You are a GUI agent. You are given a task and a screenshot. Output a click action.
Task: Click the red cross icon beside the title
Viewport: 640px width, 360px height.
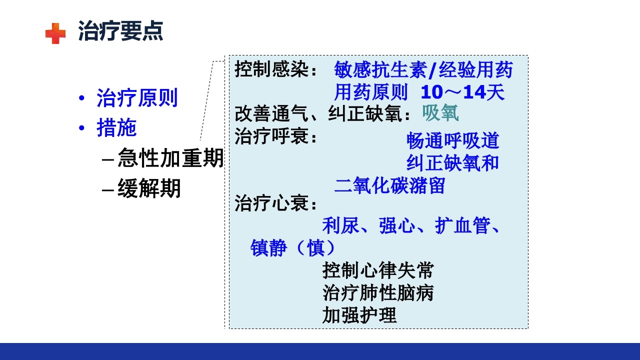(x=55, y=33)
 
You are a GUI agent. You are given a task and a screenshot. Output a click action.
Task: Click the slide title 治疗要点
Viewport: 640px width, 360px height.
(x=120, y=31)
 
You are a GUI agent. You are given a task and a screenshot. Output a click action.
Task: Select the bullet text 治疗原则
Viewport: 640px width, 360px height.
(x=137, y=98)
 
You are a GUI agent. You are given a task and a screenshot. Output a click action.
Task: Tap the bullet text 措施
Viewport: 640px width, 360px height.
(x=116, y=128)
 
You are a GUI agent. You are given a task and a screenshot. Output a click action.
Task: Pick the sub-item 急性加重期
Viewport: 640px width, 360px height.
(x=170, y=159)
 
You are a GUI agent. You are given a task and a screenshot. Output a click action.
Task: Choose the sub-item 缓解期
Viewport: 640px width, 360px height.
(x=149, y=189)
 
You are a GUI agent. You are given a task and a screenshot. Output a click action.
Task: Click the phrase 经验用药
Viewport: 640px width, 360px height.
(x=475, y=70)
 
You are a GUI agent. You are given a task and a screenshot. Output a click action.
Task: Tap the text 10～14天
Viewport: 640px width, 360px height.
(x=462, y=92)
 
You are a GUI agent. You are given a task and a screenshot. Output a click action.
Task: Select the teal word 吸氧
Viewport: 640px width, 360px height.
(x=440, y=113)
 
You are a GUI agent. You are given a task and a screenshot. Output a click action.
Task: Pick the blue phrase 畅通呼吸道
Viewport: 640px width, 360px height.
(x=452, y=141)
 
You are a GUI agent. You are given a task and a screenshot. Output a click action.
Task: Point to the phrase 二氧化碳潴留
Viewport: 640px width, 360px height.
(x=389, y=185)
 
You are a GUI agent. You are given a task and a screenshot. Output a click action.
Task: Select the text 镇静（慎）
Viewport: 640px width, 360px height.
(x=293, y=248)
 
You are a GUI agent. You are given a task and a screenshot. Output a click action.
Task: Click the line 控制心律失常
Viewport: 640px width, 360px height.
(x=378, y=270)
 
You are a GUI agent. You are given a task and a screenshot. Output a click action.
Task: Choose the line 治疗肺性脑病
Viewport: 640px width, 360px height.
(x=378, y=293)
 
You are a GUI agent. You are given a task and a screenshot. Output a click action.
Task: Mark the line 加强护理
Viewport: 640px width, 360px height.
(x=359, y=315)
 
